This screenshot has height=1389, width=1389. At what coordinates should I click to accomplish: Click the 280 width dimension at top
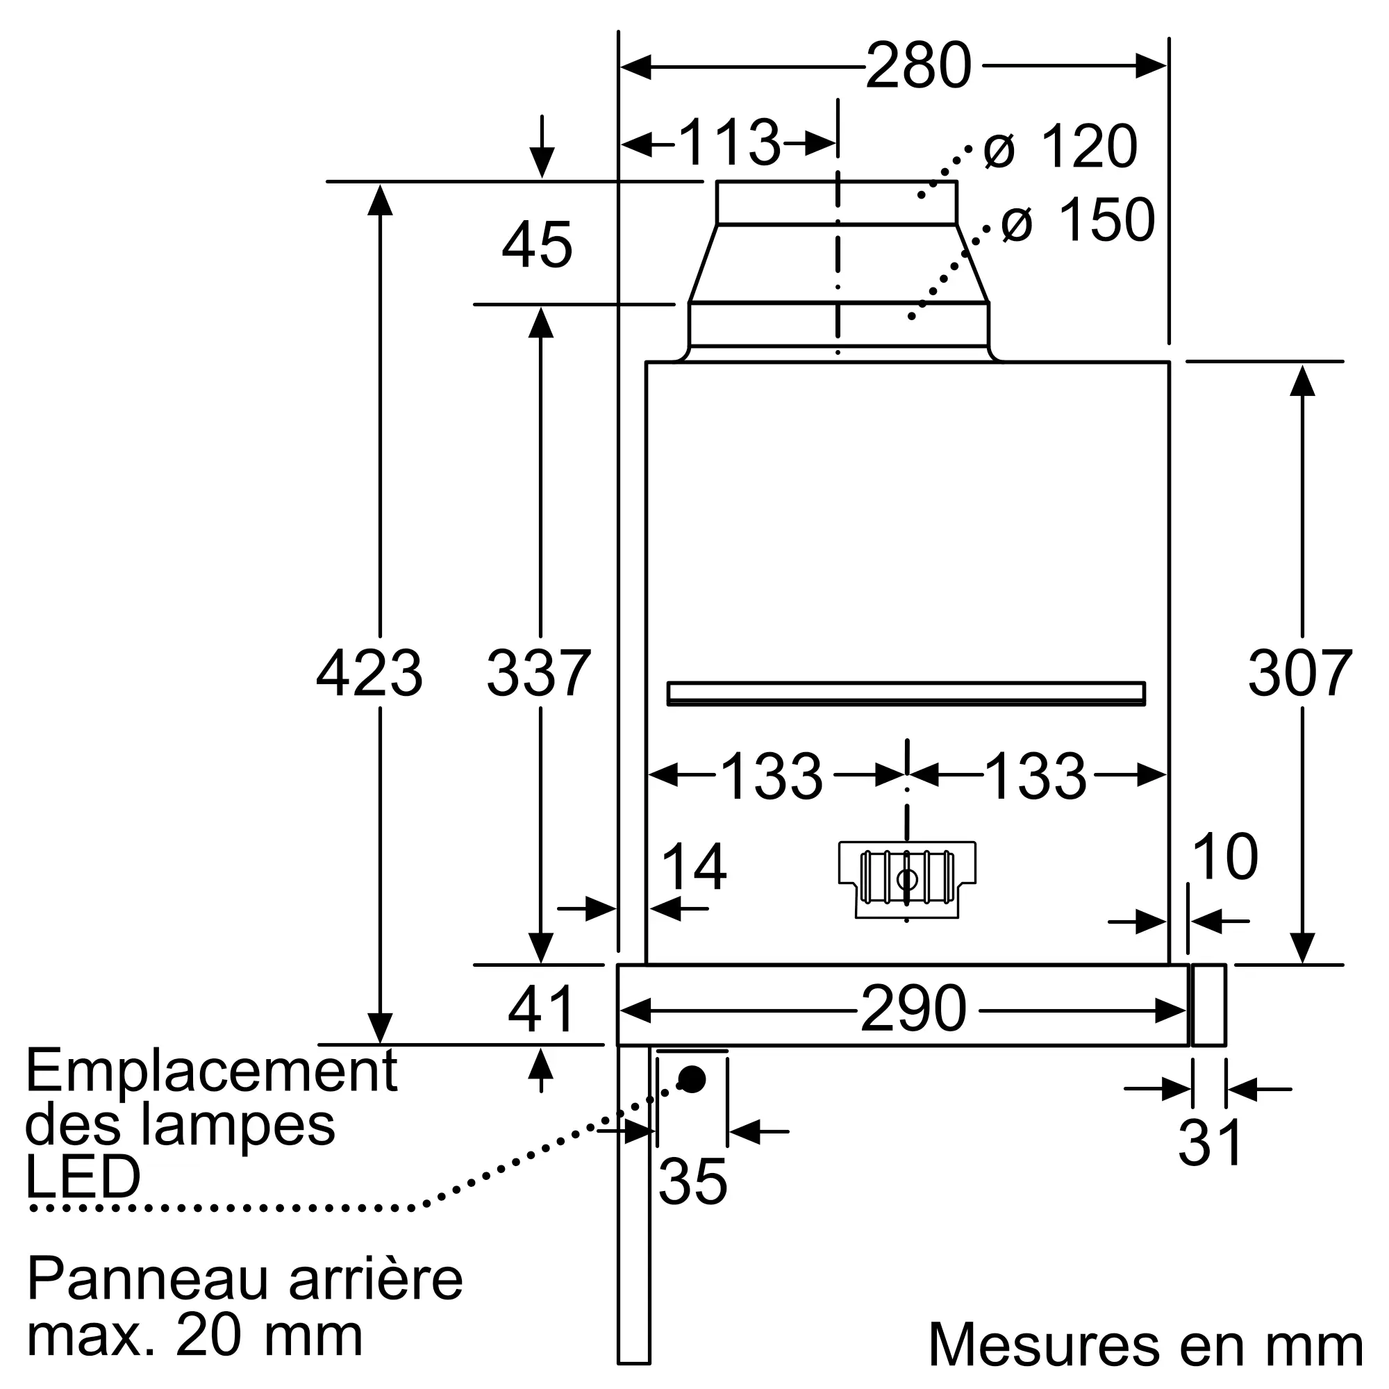tap(918, 66)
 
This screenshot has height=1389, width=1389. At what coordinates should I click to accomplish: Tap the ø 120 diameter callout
tap(1061, 147)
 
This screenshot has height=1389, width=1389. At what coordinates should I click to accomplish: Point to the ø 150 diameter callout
tap(1078, 220)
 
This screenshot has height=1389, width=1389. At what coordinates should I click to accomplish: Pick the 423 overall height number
tap(369, 674)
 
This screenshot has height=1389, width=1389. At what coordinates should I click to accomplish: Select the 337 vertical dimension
tap(538, 674)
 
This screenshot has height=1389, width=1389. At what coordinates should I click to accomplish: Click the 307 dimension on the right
tap(1300, 674)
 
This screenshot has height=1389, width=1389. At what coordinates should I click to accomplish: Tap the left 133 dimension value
tap(771, 777)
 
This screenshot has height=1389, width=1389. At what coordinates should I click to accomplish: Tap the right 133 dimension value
tap(1035, 777)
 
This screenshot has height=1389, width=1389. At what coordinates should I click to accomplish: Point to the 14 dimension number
tap(693, 867)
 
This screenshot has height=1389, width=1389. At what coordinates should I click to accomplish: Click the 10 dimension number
tap(1224, 857)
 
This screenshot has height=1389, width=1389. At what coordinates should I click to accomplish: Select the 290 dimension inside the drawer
tap(913, 1009)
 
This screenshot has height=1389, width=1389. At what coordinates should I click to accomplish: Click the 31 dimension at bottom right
tap(1210, 1143)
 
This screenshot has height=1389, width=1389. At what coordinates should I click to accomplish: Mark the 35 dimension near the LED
tap(692, 1181)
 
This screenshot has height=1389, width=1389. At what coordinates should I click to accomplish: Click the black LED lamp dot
tap(692, 1079)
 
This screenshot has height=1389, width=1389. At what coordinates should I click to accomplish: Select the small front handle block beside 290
tap(1208, 1006)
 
